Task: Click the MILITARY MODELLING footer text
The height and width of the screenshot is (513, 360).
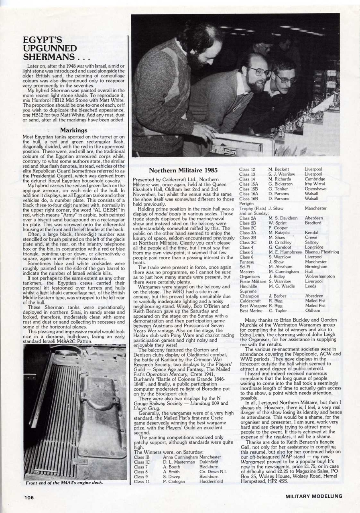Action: [314, 496]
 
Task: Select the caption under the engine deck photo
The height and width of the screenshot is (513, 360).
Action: [63, 483]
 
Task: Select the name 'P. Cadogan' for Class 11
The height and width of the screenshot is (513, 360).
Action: [174, 482]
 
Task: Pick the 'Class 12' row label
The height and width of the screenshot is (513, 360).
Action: [247, 170]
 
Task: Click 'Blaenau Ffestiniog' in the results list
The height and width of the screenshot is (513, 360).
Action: [321, 252]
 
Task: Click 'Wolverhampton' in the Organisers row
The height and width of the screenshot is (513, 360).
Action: [320, 276]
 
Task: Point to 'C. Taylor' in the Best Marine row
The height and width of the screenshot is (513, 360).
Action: [278, 310]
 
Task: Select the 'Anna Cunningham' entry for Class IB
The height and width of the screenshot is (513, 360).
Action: [181, 457]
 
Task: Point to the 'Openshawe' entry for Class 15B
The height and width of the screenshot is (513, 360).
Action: [315, 189]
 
